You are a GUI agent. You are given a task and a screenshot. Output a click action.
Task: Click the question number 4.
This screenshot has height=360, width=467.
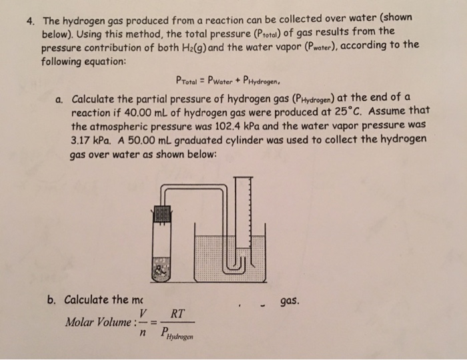point(29,19)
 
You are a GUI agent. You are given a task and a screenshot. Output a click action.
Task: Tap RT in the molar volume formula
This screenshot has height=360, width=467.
point(178,312)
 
